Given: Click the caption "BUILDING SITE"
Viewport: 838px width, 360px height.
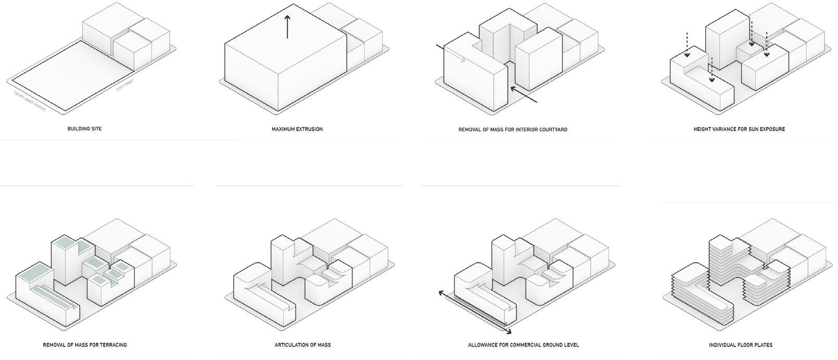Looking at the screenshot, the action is [x=84, y=128].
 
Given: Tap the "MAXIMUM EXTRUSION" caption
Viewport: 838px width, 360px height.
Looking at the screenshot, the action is [x=297, y=129].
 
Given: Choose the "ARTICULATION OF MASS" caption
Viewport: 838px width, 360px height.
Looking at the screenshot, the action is [x=302, y=345].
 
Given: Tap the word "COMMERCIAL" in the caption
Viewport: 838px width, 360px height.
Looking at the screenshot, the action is [x=525, y=345].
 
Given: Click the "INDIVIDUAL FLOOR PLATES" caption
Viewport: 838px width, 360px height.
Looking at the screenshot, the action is [x=740, y=345].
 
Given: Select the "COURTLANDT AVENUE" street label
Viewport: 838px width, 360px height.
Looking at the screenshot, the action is [x=30, y=102].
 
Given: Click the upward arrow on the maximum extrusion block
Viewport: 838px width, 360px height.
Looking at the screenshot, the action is [x=287, y=26].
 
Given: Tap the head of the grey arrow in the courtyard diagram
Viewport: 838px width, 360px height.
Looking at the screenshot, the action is [x=463, y=60].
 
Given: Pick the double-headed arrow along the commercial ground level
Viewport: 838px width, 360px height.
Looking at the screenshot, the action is [x=474, y=312].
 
